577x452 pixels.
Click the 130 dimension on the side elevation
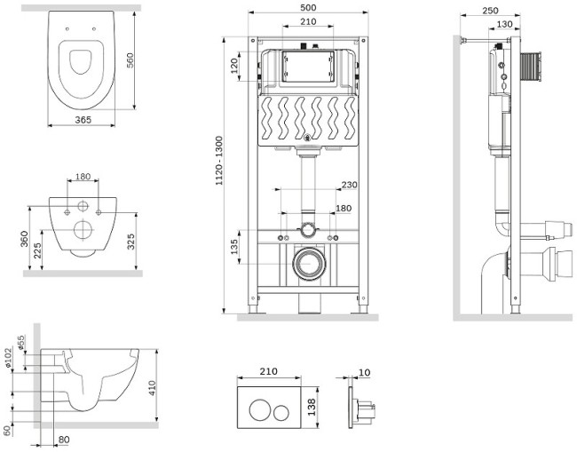503,24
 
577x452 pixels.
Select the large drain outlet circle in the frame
309,264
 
